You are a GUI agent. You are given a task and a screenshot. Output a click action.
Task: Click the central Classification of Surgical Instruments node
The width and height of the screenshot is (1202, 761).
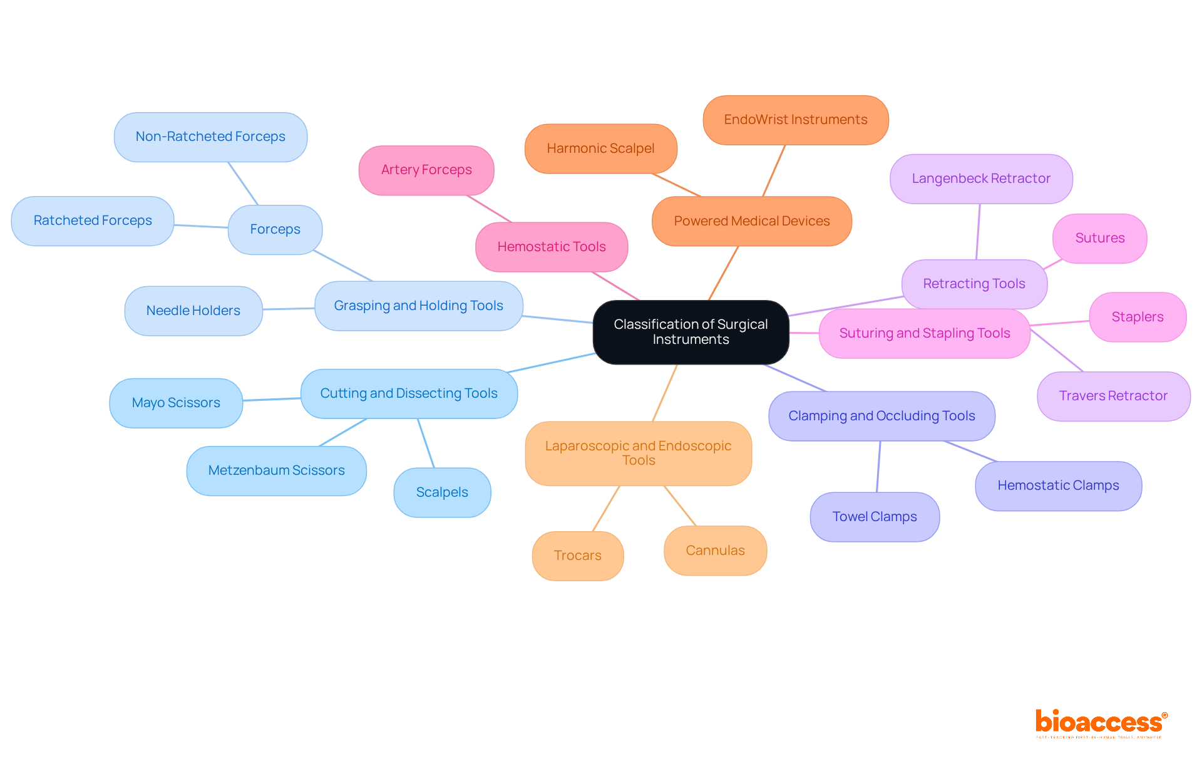[x=691, y=332]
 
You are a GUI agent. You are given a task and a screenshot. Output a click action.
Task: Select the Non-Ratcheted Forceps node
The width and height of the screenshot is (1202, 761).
[x=210, y=137]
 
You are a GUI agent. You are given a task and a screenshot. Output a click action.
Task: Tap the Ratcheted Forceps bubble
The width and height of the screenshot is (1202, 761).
[x=93, y=220]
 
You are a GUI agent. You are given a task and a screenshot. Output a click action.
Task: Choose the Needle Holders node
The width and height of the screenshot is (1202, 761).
[x=193, y=311]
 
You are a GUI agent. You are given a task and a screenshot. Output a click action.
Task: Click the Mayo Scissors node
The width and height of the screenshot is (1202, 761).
[x=176, y=403]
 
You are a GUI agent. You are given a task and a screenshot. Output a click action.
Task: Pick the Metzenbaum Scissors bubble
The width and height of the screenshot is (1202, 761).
[x=276, y=470]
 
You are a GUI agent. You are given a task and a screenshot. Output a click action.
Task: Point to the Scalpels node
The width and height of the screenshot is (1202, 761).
[x=442, y=492]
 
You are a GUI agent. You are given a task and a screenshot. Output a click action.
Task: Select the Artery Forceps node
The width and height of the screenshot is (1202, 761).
[x=426, y=170]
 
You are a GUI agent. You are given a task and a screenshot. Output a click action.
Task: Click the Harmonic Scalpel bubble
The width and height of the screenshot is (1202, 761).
[x=600, y=148]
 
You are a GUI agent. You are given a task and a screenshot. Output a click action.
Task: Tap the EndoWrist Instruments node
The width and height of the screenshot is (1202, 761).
[x=795, y=120]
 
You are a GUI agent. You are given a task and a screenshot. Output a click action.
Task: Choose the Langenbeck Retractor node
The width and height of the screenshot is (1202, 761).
[x=981, y=179]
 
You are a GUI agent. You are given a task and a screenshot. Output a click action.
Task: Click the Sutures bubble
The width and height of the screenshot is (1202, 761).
[x=1099, y=238]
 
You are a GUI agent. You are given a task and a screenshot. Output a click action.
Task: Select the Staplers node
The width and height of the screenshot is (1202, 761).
[x=1137, y=317]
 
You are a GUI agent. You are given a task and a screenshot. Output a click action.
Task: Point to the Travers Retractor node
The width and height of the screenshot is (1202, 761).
[x=1113, y=396]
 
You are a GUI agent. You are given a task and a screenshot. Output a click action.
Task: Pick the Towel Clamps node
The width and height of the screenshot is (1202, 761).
[x=875, y=517]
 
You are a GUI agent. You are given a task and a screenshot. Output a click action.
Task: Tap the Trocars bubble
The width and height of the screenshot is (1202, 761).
[x=577, y=556]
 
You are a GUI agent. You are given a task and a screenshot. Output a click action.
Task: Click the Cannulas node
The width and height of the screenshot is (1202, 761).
[x=715, y=551]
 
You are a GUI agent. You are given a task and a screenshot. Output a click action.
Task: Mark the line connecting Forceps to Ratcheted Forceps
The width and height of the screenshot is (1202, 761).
[x=201, y=226]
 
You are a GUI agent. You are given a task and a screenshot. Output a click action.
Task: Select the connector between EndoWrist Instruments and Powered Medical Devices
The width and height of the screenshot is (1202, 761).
[x=774, y=170]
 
